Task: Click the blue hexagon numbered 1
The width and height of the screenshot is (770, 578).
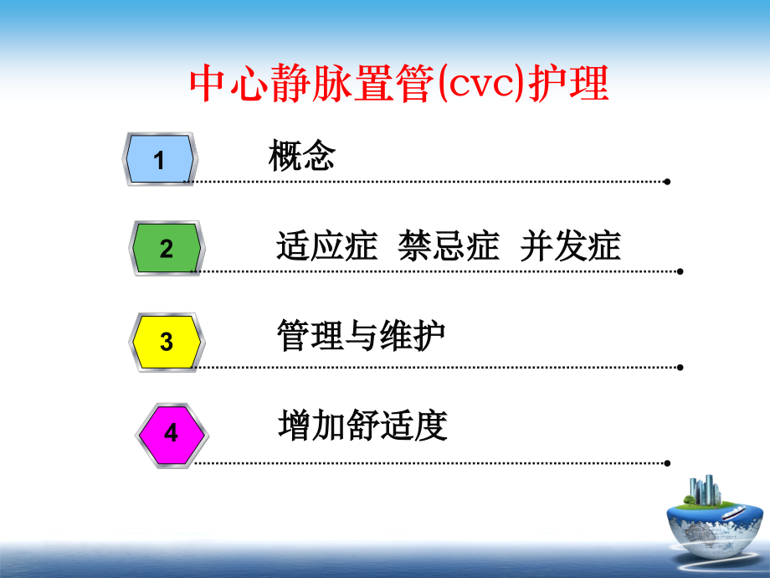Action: click(x=160, y=159)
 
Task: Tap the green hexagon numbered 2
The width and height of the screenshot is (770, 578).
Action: click(x=166, y=249)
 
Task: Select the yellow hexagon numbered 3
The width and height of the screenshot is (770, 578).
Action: click(x=166, y=342)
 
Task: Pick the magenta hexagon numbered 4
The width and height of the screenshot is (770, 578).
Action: click(x=171, y=433)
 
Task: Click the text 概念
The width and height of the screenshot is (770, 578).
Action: click(x=301, y=156)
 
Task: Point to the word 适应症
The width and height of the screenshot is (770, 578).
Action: click(x=326, y=248)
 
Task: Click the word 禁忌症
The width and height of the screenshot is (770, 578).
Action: click(x=449, y=248)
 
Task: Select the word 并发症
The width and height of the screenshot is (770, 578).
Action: click(x=571, y=248)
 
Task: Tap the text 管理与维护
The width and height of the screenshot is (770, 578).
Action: click(x=361, y=338)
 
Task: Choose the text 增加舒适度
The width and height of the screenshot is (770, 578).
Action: click(x=362, y=426)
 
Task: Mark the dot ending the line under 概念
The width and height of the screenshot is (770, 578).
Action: click(x=666, y=181)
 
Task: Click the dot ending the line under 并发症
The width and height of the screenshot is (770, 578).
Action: click(x=680, y=271)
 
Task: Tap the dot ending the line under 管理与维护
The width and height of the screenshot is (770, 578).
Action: click(x=680, y=367)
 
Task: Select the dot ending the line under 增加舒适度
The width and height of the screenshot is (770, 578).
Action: click(x=666, y=462)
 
